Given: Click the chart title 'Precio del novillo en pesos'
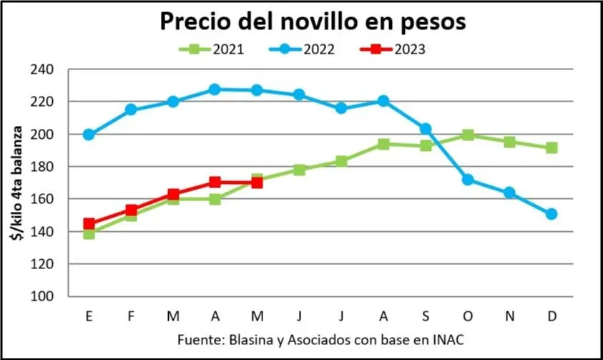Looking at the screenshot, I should click(x=313, y=21).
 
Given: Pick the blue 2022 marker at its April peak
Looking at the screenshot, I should click(x=215, y=89).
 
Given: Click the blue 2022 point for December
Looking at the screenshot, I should click(x=551, y=214).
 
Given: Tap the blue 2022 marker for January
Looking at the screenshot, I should click(x=89, y=135).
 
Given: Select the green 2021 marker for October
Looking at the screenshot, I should click(x=468, y=135).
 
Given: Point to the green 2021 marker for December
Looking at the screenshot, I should click(x=551, y=147).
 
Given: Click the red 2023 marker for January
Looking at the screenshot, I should click(x=89, y=224).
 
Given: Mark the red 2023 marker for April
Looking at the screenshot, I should click(x=215, y=182).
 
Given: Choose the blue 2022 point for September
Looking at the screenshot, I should click(x=426, y=129).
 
